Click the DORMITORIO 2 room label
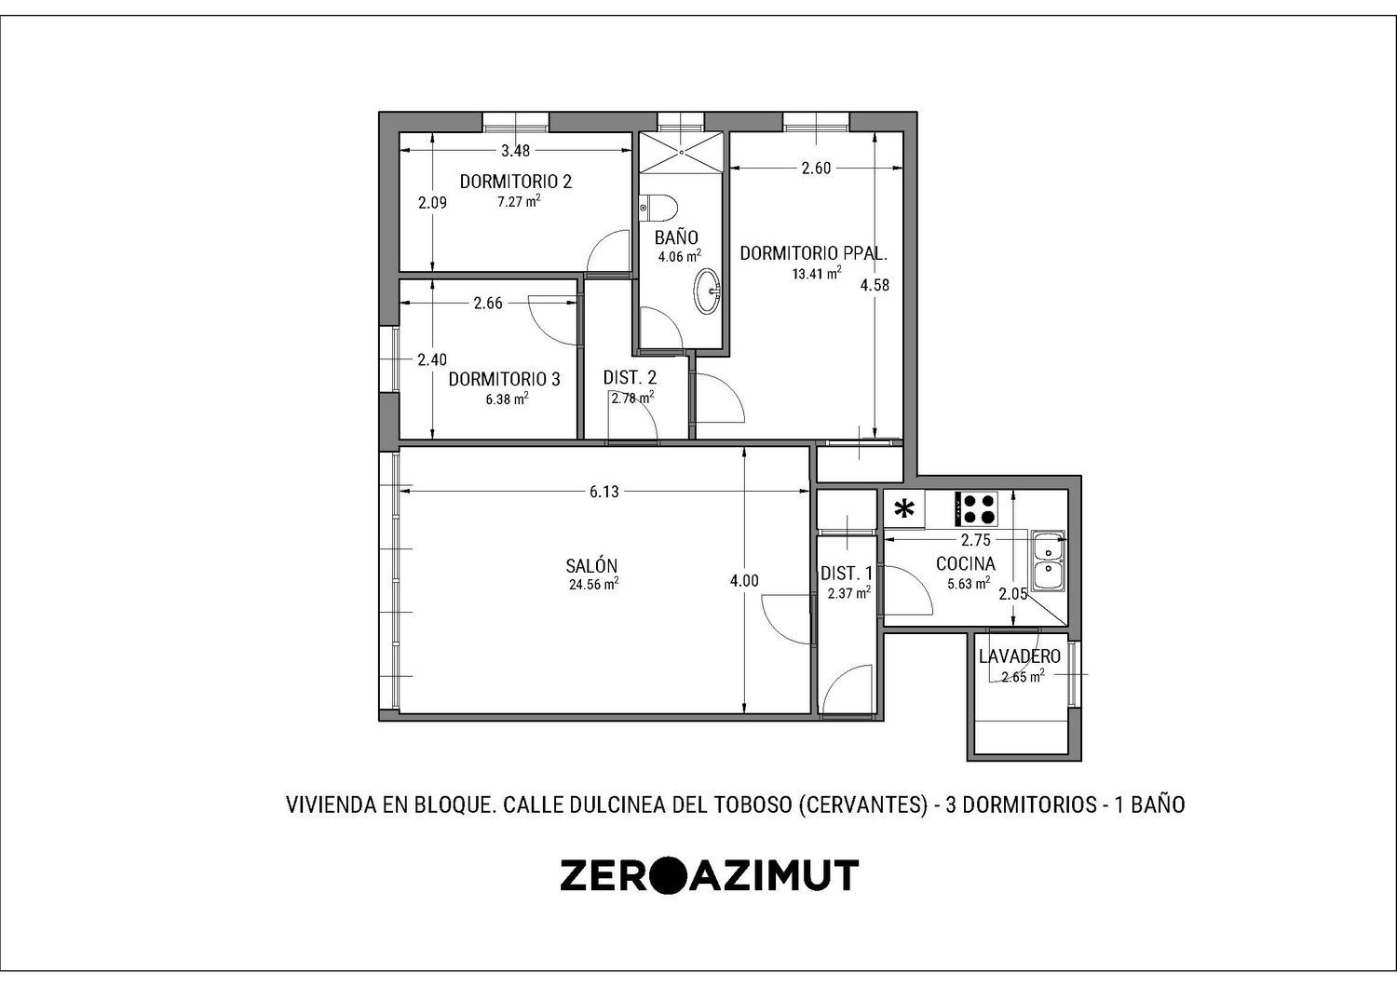(516, 182)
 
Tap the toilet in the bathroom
(658, 208)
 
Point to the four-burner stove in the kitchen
(977, 508)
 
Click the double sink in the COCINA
(1048, 561)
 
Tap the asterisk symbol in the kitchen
(903, 510)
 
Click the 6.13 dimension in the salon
(604, 492)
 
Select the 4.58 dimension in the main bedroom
(875, 286)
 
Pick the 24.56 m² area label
(594, 584)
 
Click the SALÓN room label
(591, 566)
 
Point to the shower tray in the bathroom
(682, 152)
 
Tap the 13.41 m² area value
(817, 273)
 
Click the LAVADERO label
(1020, 656)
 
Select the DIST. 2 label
(630, 377)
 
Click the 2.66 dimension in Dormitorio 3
(488, 303)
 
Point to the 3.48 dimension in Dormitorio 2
(516, 150)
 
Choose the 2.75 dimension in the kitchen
(975, 541)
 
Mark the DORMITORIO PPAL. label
(814, 253)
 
